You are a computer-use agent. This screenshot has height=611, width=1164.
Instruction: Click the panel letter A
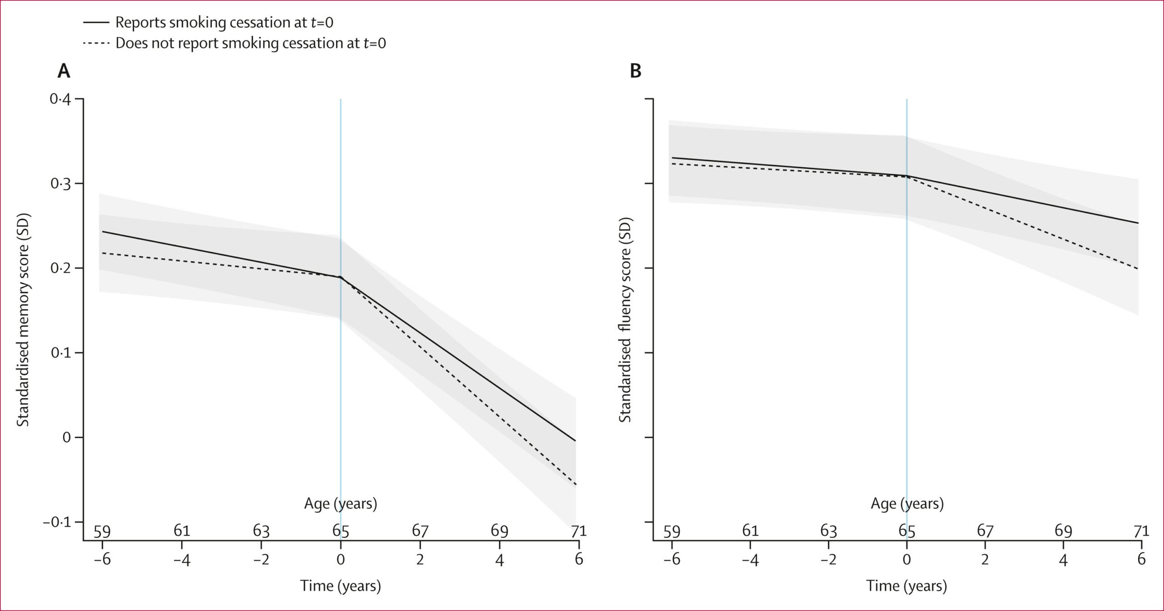64,71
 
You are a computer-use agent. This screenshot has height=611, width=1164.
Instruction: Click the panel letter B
635,71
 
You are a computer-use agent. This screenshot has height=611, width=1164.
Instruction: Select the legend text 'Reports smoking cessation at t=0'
224,22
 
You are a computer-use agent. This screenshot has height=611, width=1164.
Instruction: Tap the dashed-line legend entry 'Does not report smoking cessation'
251,43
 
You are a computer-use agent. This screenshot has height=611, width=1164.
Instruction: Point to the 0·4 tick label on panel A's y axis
60,99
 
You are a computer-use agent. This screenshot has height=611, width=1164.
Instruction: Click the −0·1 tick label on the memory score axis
57,522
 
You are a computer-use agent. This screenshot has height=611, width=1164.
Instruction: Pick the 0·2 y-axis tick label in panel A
60,268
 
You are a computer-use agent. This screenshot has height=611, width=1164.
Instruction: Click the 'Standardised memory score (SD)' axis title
23,320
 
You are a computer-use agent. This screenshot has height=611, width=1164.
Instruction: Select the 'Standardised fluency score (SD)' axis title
626,320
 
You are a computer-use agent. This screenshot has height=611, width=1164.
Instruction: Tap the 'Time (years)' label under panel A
340,586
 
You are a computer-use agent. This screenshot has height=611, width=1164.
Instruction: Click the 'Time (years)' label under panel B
906,586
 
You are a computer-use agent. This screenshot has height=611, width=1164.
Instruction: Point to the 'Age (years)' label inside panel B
907,504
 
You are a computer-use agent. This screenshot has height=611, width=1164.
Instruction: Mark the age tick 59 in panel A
102,531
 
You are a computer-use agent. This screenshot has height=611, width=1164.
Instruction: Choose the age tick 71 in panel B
1141,531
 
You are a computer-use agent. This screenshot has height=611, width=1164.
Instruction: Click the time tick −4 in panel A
181,560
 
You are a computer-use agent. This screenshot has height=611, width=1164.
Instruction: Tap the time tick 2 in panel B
985,560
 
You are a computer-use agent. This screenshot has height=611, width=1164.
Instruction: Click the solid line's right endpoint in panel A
576,441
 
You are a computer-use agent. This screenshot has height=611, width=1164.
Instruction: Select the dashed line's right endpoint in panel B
1138,269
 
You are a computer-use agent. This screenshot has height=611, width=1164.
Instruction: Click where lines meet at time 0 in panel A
340,277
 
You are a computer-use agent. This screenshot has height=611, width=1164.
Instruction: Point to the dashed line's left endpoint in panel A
103,253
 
